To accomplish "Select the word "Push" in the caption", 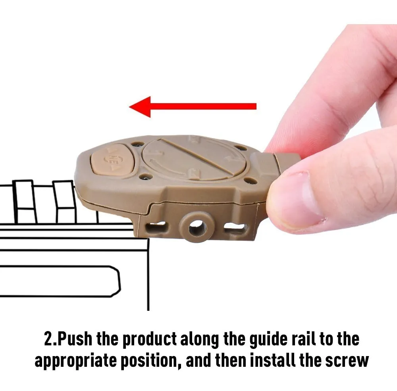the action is point(75,339).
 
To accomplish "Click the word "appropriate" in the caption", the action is point(75,361).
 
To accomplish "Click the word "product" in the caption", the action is point(149,340).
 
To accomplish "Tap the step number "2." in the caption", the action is point(51,339).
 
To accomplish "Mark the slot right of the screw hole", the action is point(235,227).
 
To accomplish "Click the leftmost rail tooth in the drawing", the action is point(25,202).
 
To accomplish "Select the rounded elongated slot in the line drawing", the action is point(60,281).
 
